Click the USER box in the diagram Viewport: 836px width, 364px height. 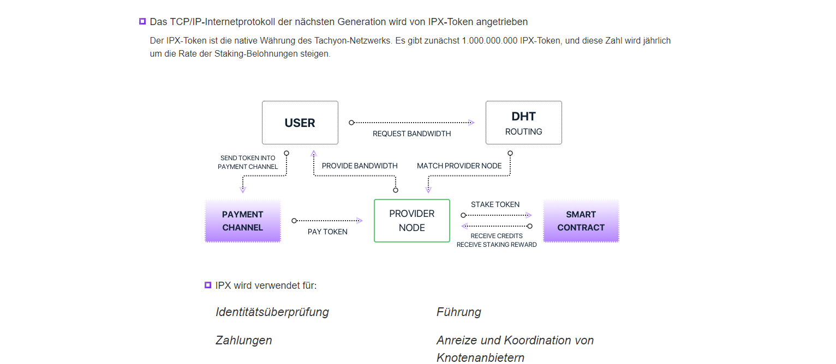(300, 123)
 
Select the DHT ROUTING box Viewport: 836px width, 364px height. (523, 123)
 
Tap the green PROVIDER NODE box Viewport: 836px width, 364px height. (411, 220)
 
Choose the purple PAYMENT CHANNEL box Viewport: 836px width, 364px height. (243, 221)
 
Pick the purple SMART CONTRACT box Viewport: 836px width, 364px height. (581, 221)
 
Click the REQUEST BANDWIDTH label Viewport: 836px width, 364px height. (411, 134)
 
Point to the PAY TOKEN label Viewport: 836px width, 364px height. (327, 232)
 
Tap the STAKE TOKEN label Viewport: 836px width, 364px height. (495, 204)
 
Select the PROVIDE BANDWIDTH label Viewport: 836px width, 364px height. (360, 166)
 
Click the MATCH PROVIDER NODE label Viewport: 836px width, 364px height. (459, 166)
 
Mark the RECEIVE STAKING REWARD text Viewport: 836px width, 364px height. (497, 245)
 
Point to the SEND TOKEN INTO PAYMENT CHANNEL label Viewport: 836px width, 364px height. (248, 162)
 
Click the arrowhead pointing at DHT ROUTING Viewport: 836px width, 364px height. (471, 123)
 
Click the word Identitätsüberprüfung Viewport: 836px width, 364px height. (272, 312)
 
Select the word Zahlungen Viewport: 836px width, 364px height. (244, 341)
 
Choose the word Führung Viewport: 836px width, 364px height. (459, 312)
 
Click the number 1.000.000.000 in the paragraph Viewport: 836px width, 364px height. (489, 41)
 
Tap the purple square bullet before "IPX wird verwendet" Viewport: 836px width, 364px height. (207, 285)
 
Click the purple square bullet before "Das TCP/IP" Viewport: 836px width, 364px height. (142, 22)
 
